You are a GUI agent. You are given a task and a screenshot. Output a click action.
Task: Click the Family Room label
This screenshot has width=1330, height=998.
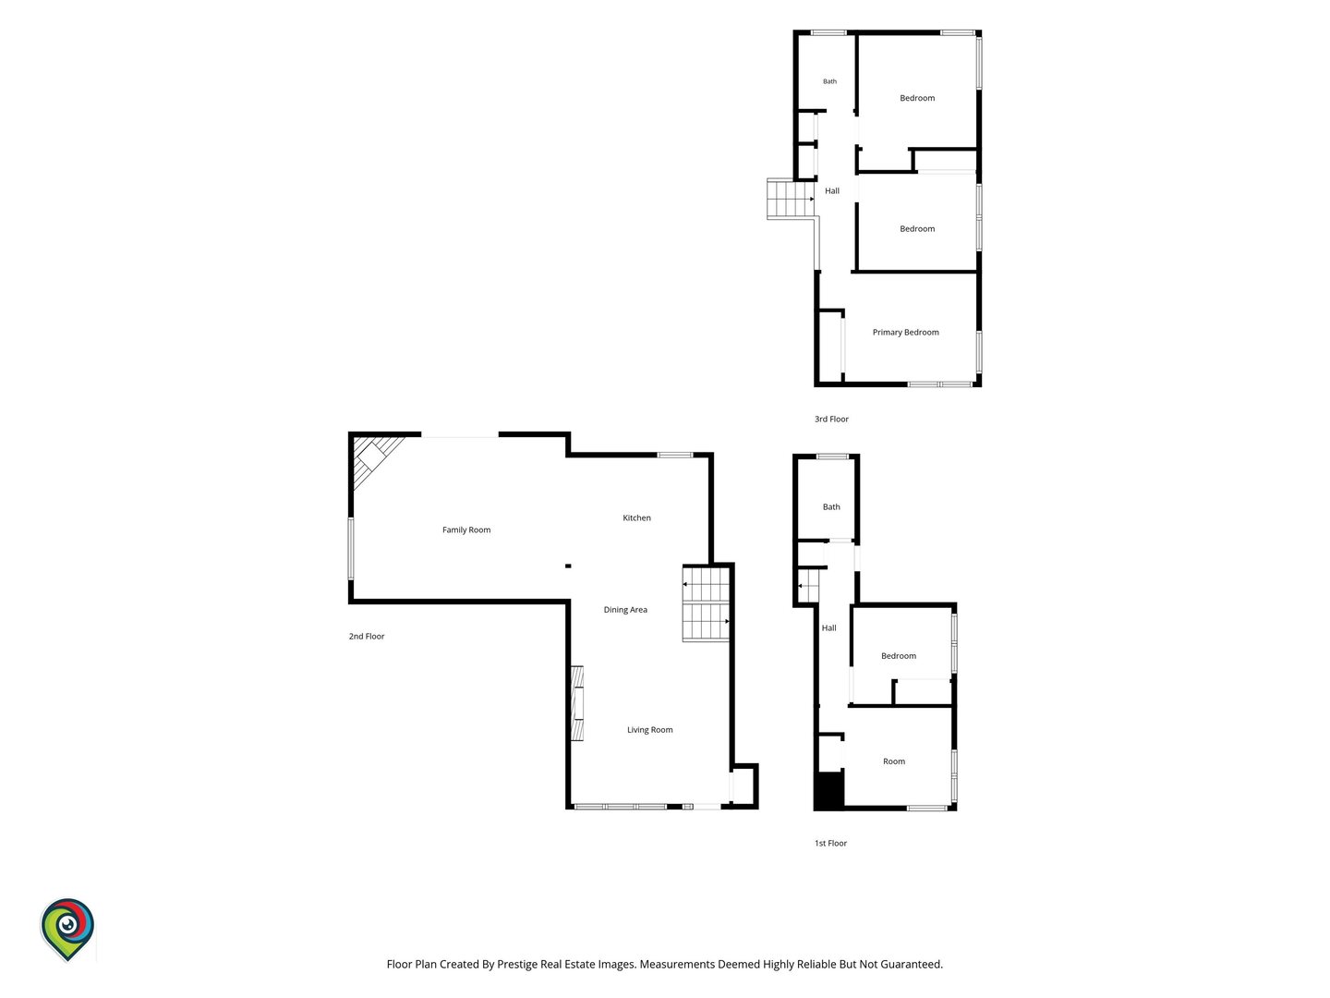pos(465,529)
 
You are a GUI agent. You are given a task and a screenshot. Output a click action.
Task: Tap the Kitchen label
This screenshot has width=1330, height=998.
pos(636,517)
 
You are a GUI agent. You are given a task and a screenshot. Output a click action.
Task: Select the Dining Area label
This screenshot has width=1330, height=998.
pos(624,610)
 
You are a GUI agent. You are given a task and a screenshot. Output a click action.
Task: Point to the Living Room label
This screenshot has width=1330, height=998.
pos(649,730)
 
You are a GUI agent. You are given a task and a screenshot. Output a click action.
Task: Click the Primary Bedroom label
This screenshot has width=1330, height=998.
pos(905,332)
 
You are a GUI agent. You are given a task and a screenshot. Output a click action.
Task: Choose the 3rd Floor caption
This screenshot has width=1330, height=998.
pos(831,419)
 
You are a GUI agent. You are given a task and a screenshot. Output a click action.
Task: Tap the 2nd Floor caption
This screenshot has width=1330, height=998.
pos(366,637)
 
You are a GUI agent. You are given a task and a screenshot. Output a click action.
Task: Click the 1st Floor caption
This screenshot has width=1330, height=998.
pos(830,843)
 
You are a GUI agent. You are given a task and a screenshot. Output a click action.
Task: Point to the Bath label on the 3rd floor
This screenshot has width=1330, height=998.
pos(829,81)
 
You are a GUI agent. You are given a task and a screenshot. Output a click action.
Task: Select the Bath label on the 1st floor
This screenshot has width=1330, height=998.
pos(831,506)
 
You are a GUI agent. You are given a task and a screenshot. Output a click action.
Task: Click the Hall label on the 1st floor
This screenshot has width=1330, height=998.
pos(828,627)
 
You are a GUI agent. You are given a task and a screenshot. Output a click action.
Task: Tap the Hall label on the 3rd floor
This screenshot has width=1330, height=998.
pos(832,191)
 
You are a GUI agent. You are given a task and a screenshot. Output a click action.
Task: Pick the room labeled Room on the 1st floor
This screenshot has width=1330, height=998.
pos(894,761)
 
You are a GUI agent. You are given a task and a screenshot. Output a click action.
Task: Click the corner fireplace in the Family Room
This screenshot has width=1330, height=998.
pos(372,457)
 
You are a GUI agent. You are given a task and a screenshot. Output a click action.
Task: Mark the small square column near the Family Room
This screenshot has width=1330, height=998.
pos(568,566)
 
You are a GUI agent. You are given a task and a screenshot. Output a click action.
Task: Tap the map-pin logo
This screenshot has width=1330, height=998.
pos(67,929)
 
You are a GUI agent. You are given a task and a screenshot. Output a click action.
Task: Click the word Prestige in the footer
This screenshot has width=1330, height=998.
pos(521,965)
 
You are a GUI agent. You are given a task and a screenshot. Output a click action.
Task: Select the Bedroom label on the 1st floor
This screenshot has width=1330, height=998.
pos(898,656)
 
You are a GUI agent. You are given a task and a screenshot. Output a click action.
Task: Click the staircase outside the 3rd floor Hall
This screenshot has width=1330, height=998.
pos(790,199)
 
